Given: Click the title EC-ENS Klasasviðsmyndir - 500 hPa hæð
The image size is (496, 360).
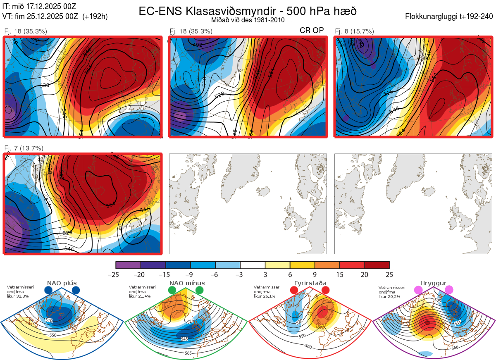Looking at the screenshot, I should tap(248, 11).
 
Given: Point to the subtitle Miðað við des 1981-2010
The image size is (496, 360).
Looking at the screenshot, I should tap(248, 20).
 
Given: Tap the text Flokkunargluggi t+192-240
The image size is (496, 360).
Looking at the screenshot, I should tap(450, 17).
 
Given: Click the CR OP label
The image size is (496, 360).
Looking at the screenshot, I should tap(312, 31).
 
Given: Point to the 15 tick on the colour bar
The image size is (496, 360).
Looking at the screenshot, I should tap(340, 274).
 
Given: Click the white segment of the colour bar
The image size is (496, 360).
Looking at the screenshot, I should tap(253, 265).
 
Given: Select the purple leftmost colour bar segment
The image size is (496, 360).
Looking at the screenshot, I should tap(128, 265).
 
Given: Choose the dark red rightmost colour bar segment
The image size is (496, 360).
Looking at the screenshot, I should tap(377, 265).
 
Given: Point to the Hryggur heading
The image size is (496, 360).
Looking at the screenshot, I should tap(434, 283).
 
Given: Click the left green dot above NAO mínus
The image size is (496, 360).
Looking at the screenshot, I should tap(172, 290).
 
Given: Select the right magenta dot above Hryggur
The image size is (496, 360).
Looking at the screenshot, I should tap(449, 290).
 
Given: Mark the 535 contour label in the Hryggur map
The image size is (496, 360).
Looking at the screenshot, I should tap(457, 322).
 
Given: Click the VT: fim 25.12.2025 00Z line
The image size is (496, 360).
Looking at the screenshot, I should tap(55, 17).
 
